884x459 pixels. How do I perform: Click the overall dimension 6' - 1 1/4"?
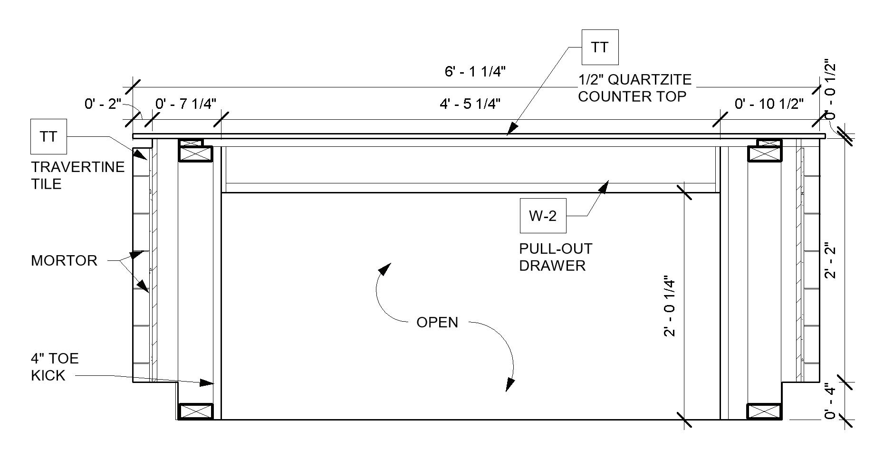tap(475, 72)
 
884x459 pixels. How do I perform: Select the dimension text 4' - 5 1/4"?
tap(470, 104)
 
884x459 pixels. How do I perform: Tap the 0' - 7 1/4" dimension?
tap(186, 104)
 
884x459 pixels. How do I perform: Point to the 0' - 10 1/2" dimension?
tap(769, 104)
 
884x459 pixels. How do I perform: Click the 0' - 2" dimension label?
tap(103, 104)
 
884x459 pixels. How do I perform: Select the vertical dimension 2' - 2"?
tap(830, 261)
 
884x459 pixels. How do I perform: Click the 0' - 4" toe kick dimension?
tap(830, 402)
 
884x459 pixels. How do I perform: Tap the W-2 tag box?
tap(543, 216)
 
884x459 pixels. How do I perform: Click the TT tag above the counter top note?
tap(600, 47)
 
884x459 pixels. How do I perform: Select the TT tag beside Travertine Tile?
tap(48, 137)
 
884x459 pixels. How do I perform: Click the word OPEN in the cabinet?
tap(437, 322)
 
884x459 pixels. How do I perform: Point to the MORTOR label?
tap(64, 260)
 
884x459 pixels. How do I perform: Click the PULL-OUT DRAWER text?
tap(556, 257)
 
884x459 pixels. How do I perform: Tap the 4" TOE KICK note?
tap(54, 367)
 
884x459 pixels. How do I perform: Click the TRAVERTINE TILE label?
tap(77, 175)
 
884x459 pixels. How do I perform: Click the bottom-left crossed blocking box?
tap(195, 411)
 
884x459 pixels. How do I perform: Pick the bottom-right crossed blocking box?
tap(764, 411)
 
